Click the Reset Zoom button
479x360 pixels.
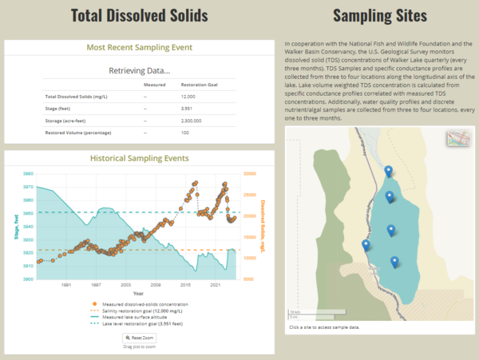(139, 338)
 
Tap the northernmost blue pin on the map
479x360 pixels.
(388, 171)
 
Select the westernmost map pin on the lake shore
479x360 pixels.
(366, 245)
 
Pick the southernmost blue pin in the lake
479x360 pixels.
(394, 261)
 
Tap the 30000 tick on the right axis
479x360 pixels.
(248, 173)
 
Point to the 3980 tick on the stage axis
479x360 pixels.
(28, 173)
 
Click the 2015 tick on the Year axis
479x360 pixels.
(184, 284)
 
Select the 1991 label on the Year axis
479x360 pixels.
(66, 284)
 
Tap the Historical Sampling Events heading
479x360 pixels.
(139, 158)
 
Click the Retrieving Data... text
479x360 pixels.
(139, 70)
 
